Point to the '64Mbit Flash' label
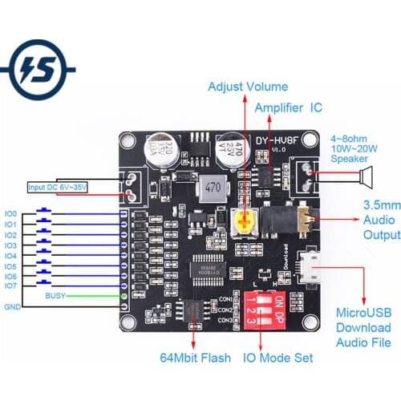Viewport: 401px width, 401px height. coord(196,358)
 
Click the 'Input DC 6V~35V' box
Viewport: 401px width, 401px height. coord(59,188)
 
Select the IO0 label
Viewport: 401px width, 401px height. coord(10,214)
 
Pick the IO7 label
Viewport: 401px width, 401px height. coord(10,286)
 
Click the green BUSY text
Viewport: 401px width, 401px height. coord(55,296)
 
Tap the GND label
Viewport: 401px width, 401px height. coord(12,306)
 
